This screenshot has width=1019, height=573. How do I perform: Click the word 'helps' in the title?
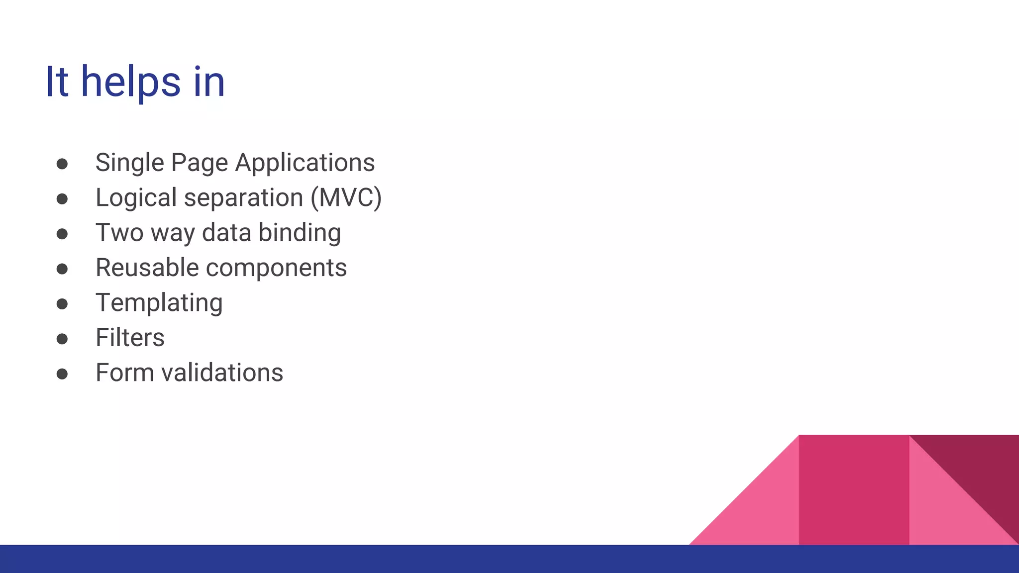pyautogui.click(x=130, y=82)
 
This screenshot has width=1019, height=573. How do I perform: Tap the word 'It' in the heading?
pyautogui.click(x=56, y=82)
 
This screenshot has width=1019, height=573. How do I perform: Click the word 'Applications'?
pyautogui.click(x=305, y=163)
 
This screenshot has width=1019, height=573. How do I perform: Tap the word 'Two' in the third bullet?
pyautogui.click(x=119, y=233)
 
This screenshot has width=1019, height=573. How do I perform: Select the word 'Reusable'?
pyautogui.click(x=147, y=268)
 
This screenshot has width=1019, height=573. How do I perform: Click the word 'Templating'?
pyautogui.click(x=159, y=303)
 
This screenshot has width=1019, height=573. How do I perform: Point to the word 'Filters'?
pyautogui.click(x=130, y=338)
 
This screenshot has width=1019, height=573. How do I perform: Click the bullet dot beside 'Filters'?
pyautogui.click(x=62, y=339)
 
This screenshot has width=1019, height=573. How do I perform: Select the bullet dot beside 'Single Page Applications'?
pyautogui.click(x=62, y=164)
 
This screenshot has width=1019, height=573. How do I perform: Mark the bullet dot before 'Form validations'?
pyautogui.click(x=62, y=374)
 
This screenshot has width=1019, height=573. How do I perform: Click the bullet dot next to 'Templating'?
pyautogui.click(x=62, y=304)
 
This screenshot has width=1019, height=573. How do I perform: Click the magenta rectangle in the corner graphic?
pyautogui.click(x=854, y=490)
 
